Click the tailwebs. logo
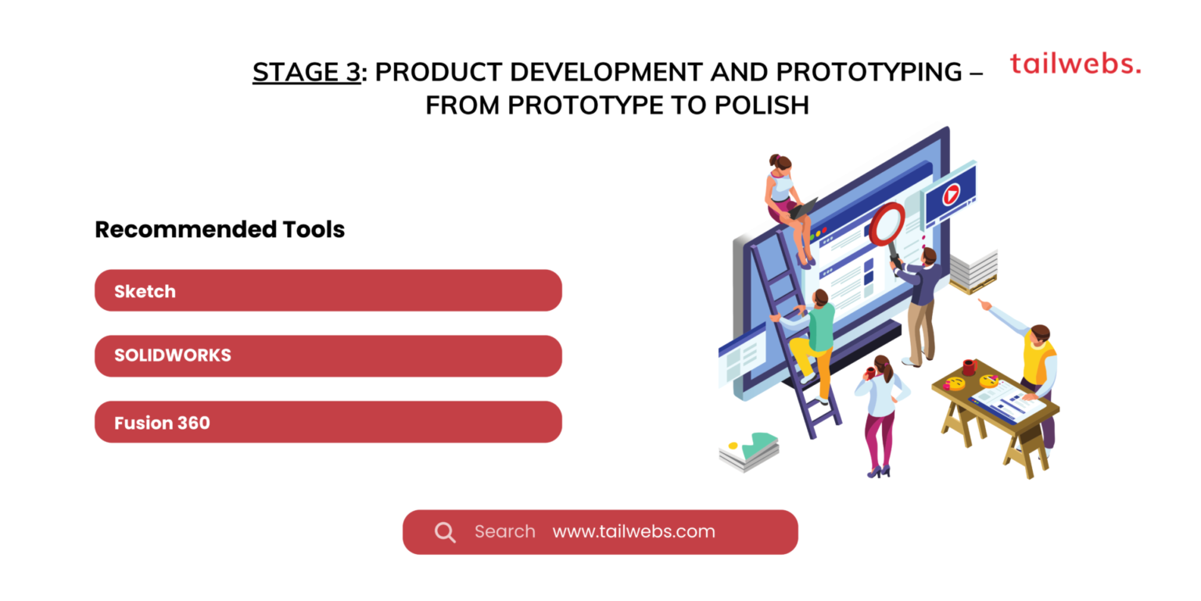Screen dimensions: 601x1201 click(x=1074, y=64)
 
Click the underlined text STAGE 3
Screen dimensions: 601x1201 click(x=306, y=72)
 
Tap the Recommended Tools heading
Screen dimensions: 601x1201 click(x=220, y=229)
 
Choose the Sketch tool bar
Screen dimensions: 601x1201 click(x=328, y=291)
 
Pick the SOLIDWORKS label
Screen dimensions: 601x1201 click(x=173, y=355)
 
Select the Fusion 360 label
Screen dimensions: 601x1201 click(x=162, y=423)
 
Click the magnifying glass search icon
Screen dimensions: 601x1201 click(x=445, y=533)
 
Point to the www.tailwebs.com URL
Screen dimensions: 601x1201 click(x=633, y=532)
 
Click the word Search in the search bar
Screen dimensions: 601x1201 click(x=504, y=532)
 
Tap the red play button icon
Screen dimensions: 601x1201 click(x=951, y=193)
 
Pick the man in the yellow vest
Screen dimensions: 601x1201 click(x=1034, y=368)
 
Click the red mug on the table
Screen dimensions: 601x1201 click(x=970, y=367)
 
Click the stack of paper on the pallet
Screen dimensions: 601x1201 click(x=973, y=270)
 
